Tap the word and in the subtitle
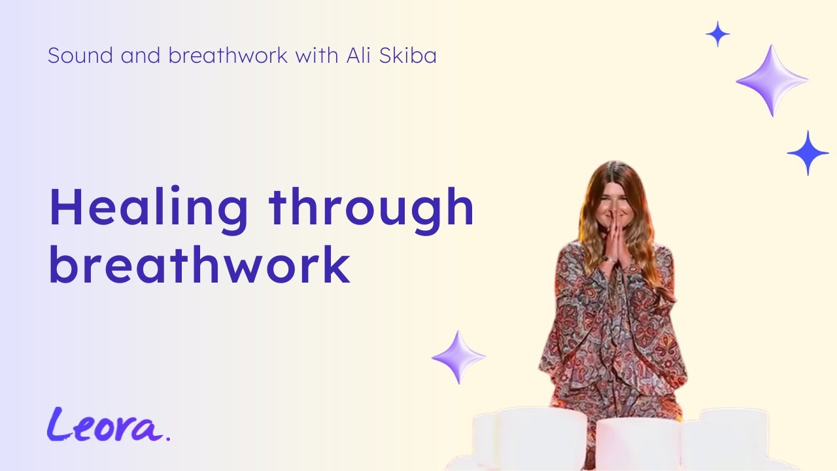tap(141, 56)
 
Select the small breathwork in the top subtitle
tap(228, 56)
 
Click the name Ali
tap(360, 56)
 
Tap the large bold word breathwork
tap(199, 265)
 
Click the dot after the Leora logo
tap(168, 438)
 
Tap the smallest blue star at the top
tap(717, 34)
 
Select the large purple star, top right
tap(772, 80)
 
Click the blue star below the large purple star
tap(808, 153)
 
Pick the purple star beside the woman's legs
tap(459, 357)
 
